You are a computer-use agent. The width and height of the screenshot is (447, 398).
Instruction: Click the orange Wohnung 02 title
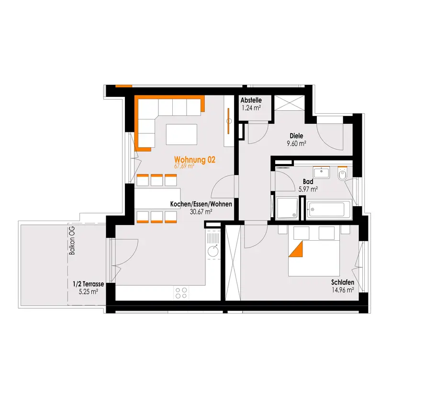coord(195,159)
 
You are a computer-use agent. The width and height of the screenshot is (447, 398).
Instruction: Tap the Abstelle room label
coord(251,100)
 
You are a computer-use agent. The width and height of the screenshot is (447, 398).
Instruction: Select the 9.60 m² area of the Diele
coord(296,143)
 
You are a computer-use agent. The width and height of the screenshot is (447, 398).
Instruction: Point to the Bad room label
coord(308,181)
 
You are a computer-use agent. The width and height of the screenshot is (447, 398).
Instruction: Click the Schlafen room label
coord(343,282)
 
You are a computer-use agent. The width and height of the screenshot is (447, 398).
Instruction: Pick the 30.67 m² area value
coord(201,212)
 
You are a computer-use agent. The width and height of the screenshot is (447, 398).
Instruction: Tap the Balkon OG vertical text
coord(72,241)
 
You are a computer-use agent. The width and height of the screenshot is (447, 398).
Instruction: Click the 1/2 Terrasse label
coord(89,284)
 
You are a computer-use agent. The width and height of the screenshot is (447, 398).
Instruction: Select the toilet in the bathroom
coord(342,173)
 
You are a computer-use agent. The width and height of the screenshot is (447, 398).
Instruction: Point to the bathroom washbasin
coord(321,173)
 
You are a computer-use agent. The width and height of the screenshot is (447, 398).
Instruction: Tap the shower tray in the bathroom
coord(287,208)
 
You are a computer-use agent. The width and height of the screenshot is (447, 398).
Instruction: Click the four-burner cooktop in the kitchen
coord(181,293)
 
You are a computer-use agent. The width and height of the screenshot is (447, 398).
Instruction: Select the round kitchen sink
coord(213,251)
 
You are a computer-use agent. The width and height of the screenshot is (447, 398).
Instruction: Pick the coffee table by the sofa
coord(181,134)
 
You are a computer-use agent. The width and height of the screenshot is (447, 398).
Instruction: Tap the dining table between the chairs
coord(157,199)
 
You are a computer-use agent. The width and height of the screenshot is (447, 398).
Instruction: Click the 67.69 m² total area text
coord(184,166)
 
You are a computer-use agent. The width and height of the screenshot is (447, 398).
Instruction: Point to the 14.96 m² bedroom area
coord(343,290)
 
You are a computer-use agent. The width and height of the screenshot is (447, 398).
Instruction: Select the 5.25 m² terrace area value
coord(89,292)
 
